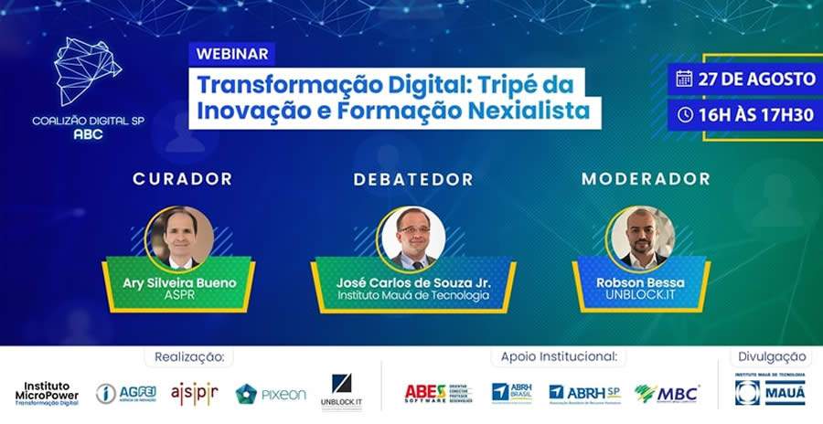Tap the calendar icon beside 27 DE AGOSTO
pos(683,79)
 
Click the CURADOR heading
pos(182,179)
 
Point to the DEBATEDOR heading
pos(413,179)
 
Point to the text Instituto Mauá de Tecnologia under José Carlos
pos(412,295)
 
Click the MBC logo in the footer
pos(668,393)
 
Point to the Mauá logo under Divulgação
pos(770,390)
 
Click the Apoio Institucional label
pos(558,355)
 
